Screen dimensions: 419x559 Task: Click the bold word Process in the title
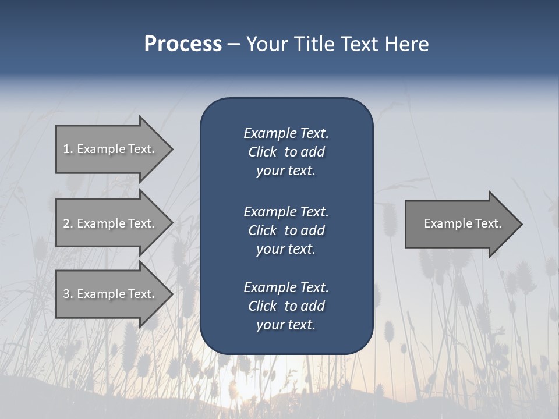pos(183,44)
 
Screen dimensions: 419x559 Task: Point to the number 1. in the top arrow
pos(68,149)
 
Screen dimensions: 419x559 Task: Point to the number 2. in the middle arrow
pos(68,223)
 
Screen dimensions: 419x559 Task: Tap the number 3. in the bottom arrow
pos(68,294)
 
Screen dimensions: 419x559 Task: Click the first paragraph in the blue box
pos(286,152)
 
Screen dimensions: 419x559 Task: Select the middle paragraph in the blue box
pos(286,230)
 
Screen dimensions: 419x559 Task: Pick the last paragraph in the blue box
pos(286,306)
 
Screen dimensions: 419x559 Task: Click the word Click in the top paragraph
pos(262,152)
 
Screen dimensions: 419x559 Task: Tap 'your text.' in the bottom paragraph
pos(286,325)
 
